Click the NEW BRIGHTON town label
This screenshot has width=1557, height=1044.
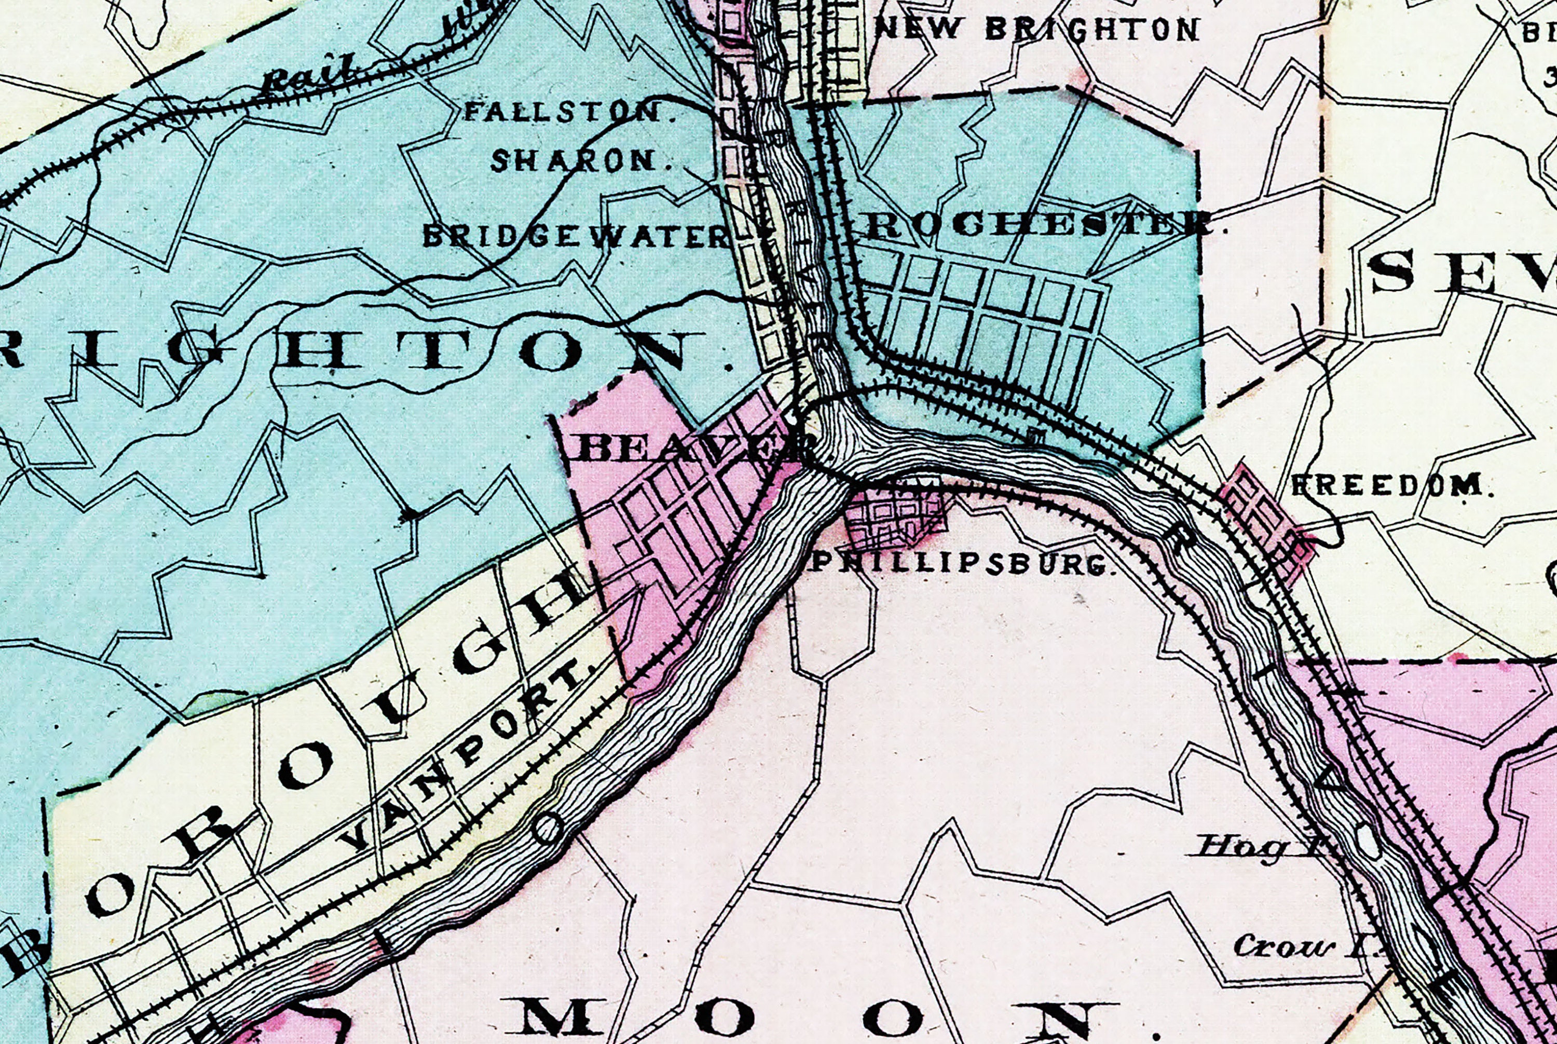[1036, 29]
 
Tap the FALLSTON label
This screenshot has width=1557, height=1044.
[569, 111]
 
